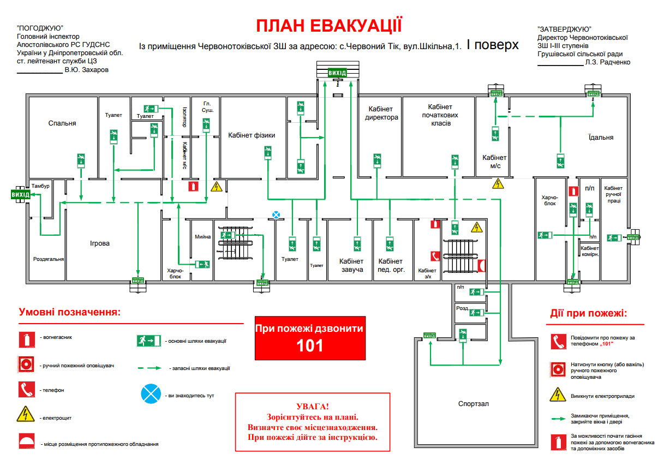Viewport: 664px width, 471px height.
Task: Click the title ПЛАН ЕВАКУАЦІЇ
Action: point(330,26)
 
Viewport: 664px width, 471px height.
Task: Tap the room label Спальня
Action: point(63,123)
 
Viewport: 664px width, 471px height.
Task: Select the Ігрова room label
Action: point(100,243)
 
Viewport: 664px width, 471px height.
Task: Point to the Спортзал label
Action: point(474,404)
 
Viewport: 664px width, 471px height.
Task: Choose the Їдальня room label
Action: point(601,138)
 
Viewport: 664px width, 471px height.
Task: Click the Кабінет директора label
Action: point(382,113)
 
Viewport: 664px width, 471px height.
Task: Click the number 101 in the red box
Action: point(310,345)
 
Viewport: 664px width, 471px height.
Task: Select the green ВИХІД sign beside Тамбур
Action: point(21,194)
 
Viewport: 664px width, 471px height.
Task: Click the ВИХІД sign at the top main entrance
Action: point(337,73)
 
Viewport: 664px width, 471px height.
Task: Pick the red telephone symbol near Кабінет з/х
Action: point(435,255)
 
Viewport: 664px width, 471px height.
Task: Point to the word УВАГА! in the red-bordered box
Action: point(313,407)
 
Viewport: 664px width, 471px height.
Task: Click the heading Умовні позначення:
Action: point(69,312)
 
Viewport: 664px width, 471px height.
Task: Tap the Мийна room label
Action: point(202,237)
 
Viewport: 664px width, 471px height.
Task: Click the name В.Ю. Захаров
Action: point(86,70)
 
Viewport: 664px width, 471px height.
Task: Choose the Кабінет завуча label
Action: point(351,265)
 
